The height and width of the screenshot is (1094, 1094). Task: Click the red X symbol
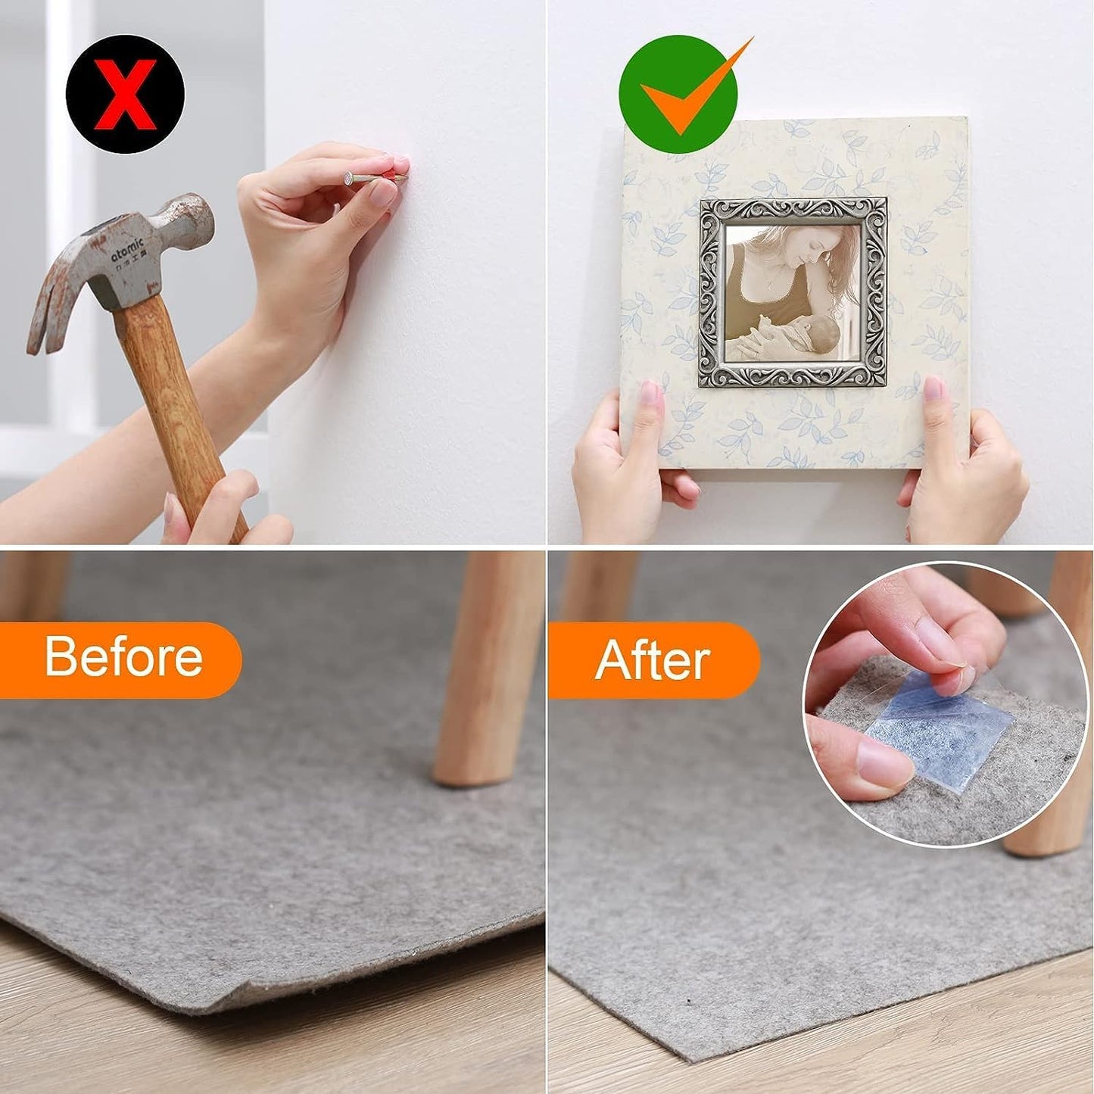pyautogui.click(x=125, y=95)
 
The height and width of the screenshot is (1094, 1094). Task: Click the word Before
pyautogui.click(x=123, y=657)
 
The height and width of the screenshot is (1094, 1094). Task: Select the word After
pyautogui.click(x=652, y=660)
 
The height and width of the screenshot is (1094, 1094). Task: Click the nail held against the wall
pyautogui.click(x=371, y=179)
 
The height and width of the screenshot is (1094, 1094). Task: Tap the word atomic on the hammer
pyautogui.click(x=126, y=251)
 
